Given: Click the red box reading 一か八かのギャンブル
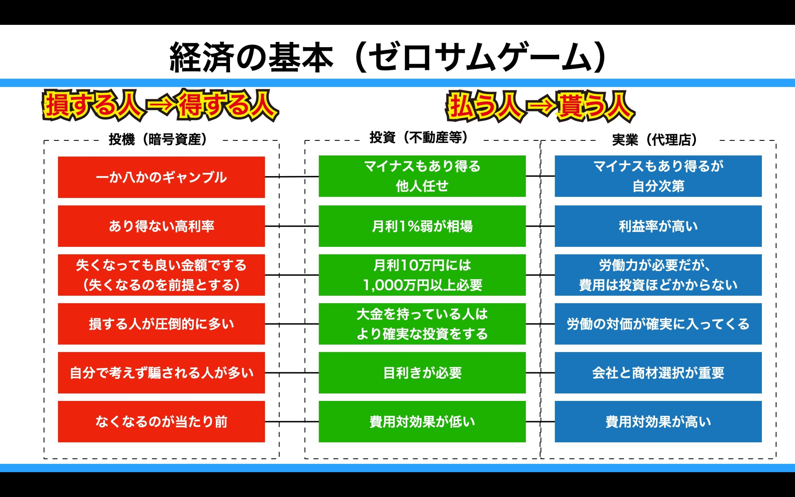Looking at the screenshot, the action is pos(161,177).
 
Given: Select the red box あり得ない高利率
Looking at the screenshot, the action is pos(161,226).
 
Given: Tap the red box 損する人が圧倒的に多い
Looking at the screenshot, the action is pos(161,324).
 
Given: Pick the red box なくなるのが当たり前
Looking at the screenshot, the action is pos(161,421).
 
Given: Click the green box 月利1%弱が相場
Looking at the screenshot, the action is pos(422,226).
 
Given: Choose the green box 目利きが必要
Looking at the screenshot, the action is pos(422,373).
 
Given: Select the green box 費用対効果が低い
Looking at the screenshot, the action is pos(422,421).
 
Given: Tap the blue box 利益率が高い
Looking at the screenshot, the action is pos(658,226).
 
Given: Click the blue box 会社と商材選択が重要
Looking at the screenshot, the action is pos(658,373).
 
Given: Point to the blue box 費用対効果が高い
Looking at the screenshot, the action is pos(658,421).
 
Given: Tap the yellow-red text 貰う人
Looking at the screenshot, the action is pos(595,107).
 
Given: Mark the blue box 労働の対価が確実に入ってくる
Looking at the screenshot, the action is pos(658,324).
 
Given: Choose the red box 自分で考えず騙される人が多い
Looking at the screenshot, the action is pos(161,373).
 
